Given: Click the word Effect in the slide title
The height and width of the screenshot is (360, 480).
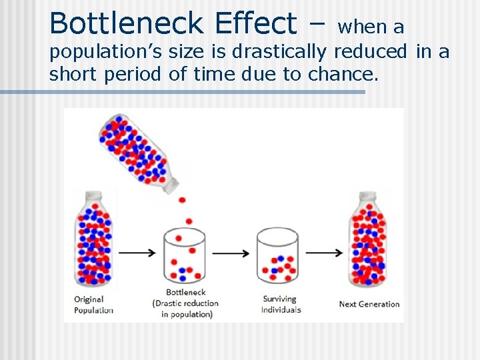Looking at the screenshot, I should pos(257,23).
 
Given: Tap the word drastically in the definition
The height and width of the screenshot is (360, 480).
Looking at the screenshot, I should pos(280,51).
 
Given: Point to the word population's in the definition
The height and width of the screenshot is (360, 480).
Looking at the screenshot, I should pos(104,52).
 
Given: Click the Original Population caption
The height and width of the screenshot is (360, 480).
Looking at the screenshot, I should pos(93,305).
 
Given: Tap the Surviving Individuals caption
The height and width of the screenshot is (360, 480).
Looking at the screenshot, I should pos(281,305).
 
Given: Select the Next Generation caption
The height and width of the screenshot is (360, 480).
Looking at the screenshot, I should pos(369,304).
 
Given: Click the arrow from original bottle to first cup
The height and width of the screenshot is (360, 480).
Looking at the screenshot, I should pos(137,253).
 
